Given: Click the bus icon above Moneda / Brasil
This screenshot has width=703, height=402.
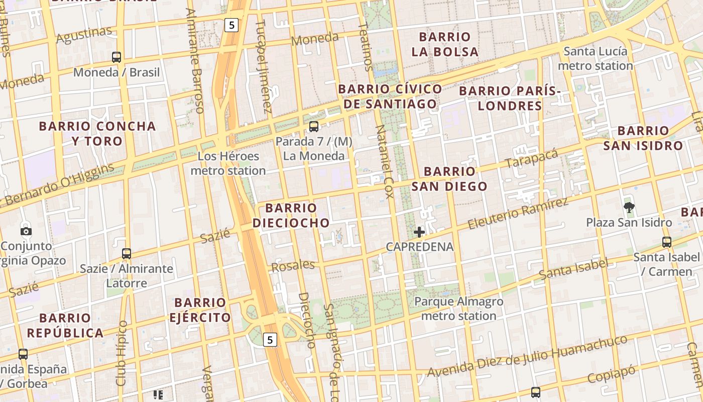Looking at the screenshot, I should [x=116, y=57].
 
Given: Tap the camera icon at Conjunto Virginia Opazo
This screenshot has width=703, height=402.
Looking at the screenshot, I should [x=26, y=231].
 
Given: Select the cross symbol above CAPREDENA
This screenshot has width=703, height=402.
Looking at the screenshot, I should [x=419, y=232].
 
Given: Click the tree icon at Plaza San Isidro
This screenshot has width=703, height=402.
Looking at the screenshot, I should [x=629, y=207].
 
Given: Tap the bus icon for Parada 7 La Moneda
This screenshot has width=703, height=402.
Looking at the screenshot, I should [x=314, y=127].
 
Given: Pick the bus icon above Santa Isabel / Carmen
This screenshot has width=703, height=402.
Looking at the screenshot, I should [x=667, y=242].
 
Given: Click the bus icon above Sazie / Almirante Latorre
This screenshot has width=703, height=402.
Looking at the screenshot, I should [x=127, y=254].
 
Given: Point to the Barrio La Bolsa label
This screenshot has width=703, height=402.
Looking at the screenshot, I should [x=445, y=44].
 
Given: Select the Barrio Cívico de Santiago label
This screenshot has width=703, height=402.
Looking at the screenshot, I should [x=390, y=96].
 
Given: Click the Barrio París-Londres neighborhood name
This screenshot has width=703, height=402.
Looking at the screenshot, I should [x=510, y=98].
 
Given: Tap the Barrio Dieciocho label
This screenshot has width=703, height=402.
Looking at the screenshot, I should [x=291, y=215].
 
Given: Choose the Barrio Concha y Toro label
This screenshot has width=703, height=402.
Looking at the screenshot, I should [x=97, y=133].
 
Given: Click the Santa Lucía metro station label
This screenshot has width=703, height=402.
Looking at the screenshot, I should [x=596, y=58].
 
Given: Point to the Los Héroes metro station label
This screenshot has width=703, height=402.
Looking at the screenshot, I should [x=228, y=163].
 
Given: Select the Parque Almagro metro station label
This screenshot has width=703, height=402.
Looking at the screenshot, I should [x=458, y=309].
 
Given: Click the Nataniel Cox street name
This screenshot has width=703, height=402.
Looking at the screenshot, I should [x=384, y=161].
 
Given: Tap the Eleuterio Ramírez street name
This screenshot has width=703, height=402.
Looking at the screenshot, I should [x=518, y=214].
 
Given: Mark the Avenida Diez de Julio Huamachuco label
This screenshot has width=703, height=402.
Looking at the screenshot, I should [x=527, y=356].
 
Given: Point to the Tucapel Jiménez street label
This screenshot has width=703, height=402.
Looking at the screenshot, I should [x=264, y=66].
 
